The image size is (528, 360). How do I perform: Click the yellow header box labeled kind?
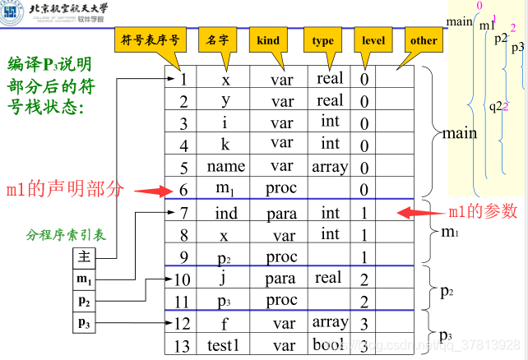click(x=268, y=40)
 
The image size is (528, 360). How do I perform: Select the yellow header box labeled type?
click(x=322, y=40)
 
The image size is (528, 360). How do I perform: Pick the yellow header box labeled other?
click(x=424, y=40)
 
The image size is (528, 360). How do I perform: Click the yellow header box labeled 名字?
click(x=217, y=40)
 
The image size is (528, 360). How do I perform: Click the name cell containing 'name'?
click(x=225, y=166)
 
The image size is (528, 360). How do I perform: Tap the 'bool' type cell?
click(x=330, y=344)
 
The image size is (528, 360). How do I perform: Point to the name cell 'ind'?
click(x=225, y=214)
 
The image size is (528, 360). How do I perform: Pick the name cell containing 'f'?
click(x=225, y=323)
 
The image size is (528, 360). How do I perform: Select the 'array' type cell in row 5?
click(x=330, y=166)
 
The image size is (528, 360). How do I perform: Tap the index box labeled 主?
click(x=84, y=256)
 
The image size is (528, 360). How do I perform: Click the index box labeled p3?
click(x=84, y=323)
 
